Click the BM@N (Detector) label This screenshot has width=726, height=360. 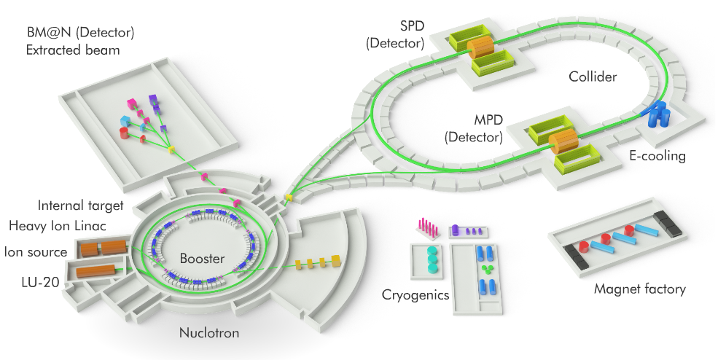80,34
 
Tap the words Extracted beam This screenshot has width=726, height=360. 73,50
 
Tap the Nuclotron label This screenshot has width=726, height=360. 208,334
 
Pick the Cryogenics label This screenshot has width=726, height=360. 417,294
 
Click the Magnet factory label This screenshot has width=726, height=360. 639,289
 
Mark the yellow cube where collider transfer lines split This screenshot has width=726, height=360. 289,198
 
